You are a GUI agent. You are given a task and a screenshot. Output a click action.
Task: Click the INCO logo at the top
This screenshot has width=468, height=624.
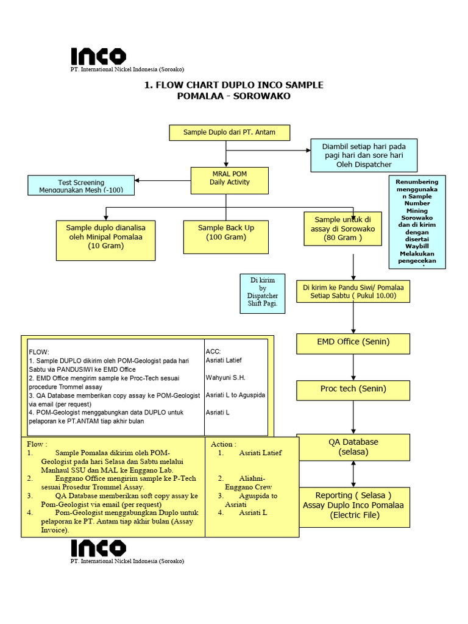99,57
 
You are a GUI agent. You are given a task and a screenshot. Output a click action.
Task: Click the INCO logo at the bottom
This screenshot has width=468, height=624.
99,548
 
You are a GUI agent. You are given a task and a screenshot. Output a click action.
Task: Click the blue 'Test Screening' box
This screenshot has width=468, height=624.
81,185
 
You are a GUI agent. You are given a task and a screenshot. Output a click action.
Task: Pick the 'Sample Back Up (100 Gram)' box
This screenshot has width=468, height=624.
226,236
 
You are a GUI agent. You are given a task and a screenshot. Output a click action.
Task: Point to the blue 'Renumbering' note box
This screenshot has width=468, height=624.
417,222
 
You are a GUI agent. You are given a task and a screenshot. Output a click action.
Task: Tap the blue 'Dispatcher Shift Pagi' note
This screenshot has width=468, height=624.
263,293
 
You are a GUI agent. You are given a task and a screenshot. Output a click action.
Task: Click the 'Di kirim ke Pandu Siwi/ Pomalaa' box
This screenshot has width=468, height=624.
353,291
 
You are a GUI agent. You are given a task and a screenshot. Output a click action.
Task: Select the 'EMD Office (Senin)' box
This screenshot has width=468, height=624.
353,343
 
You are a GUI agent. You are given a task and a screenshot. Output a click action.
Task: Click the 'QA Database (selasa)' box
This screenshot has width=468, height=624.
353,447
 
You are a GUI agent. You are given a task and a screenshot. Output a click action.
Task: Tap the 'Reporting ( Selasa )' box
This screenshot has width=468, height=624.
353,505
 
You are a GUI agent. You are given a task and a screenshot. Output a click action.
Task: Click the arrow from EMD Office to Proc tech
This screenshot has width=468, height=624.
353,367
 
